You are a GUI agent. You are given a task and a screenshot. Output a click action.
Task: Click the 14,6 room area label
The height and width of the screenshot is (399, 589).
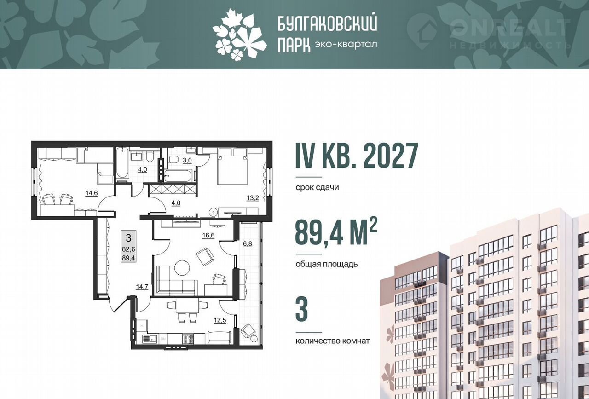coord(92,193)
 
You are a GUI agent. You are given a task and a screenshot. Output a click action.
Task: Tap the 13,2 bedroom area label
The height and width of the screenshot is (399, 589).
coord(253,198)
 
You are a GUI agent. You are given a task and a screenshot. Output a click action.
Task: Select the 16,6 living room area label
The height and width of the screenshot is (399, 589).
coord(208,236)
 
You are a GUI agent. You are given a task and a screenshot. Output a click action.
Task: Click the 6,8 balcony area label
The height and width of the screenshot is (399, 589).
coord(247,244)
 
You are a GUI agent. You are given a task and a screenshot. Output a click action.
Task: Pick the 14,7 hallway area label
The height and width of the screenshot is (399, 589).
coord(142,287)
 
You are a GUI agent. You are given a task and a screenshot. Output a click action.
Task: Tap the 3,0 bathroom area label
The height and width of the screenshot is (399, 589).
coord(187,161)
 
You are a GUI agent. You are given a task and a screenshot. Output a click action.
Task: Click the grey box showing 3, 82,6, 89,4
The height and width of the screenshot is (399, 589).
coord(128,246)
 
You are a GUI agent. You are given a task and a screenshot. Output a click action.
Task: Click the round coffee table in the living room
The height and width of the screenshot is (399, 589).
coord(182,268)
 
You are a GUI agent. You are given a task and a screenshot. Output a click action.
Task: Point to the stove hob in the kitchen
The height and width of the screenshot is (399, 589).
coord(188,339)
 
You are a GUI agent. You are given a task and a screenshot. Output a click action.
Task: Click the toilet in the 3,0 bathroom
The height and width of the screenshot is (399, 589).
coord(174,159)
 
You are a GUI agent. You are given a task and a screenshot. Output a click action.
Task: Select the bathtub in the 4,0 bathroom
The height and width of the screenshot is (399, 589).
coord(122,163)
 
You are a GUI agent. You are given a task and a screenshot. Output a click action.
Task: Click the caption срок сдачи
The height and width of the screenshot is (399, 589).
coord(317,187)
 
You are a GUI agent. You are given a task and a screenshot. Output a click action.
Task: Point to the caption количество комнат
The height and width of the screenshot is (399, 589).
coord(333,341)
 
